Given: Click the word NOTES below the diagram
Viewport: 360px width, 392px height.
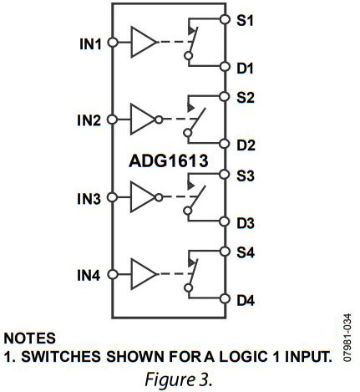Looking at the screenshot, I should tap(31, 339).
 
